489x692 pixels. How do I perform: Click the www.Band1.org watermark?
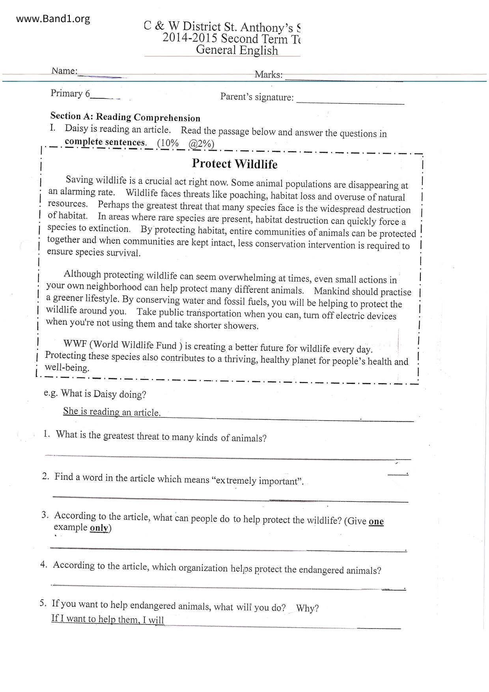click(x=53, y=19)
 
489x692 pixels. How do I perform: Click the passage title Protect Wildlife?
click(x=235, y=164)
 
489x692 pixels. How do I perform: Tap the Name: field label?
click(x=64, y=71)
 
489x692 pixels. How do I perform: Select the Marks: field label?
click(x=269, y=74)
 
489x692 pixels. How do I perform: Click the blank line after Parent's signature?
click(x=350, y=99)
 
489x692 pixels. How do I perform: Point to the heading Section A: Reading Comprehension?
click(x=125, y=117)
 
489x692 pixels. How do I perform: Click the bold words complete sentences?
click(x=106, y=142)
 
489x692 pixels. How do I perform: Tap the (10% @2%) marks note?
click(x=186, y=143)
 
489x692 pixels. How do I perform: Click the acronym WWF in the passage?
click(x=75, y=344)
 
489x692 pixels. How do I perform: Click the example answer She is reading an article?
click(x=112, y=411)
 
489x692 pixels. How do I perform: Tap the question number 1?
click(x=47, y=434)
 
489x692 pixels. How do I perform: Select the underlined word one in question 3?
click(x=376, y=521)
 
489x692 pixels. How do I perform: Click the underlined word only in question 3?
click(x=99, y=528)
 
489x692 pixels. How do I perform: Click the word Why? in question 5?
click(x=307, y=608)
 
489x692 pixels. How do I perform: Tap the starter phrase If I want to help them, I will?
click(x=108, y=619)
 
